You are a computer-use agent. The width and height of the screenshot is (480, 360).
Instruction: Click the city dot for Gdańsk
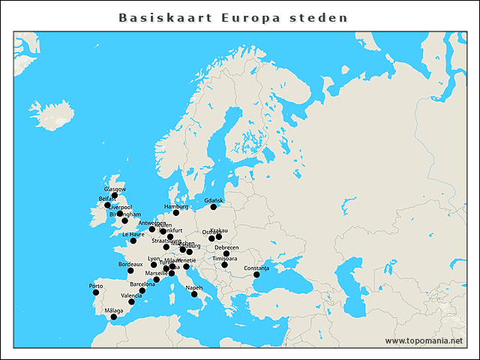pos(214,206)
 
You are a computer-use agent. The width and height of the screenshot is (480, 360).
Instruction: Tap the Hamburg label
pos(176,205)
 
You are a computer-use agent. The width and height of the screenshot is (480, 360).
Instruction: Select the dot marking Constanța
pos(257,274)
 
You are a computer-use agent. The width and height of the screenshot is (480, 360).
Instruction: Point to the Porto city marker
pos(96,292)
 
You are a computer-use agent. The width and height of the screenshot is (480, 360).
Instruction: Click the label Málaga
pos(114,310)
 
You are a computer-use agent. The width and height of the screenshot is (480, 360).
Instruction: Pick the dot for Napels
pos(195,294)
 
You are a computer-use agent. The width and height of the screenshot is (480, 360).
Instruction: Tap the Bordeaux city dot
pos(130,270)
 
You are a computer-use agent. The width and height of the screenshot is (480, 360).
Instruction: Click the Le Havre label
pos(133,234)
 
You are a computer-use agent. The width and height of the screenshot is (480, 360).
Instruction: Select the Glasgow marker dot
pos(115,195)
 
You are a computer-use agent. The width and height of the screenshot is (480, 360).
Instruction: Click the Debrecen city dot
pos(226,253)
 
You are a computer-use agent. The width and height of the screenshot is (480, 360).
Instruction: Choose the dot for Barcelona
pos(142,290)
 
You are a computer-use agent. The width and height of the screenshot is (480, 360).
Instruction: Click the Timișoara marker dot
pos(224,265)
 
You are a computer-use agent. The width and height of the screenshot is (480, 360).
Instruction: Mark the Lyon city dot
pos(154,265)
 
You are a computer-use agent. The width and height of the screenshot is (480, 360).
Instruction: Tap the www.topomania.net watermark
pos(424,340)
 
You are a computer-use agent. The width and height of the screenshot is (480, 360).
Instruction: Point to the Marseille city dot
pos(157,280)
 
